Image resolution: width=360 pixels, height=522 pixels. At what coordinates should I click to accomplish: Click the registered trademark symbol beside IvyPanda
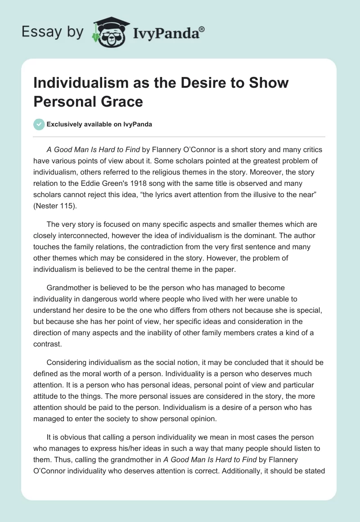tap(202, 30)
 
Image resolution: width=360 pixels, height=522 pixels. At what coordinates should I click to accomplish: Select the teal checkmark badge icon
tap(39, 124)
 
